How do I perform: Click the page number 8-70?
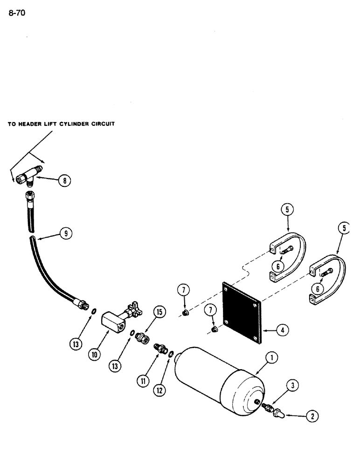coord(16,13)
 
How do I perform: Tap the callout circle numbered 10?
coord(95,354)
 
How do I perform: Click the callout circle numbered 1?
coord(272,358)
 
